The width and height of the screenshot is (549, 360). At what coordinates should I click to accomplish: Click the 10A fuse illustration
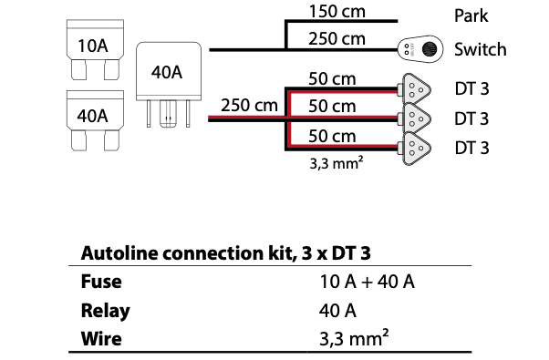[x=95, y=50]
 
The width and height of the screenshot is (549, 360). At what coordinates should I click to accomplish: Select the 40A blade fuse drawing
[x=95, y=120]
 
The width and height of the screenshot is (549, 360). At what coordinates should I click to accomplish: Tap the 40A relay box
[x=169, y=85]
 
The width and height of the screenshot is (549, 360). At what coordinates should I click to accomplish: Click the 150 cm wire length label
[x=337, y=11]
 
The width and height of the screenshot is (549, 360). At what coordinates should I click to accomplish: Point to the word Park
[x=471, y=15]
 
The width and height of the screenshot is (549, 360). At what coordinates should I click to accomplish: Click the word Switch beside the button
[x=481, y=49]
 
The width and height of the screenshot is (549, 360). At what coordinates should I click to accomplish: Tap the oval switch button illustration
[x=420, y=49]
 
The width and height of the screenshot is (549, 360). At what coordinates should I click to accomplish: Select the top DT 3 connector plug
[x=416, y=89]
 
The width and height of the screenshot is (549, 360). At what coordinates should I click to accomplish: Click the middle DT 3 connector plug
[x=416, y=118]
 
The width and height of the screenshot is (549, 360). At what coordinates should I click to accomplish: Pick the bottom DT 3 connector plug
[x=416, y=148]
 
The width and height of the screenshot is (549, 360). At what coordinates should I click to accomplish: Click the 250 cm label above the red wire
[x=249, y=105]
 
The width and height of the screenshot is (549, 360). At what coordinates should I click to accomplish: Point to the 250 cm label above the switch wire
[x=337, y=38]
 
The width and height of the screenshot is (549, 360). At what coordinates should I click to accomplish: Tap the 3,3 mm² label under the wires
[x=337, y=163]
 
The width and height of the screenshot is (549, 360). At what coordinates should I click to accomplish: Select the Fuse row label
[x=101, y=282]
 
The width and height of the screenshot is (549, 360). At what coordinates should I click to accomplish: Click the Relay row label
[x=105, y=311]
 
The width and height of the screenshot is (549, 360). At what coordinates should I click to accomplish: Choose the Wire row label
[x=101, y=339]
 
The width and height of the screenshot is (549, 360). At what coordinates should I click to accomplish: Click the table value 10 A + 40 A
[x=367, y=282]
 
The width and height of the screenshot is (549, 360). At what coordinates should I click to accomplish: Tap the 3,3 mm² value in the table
[x=354, y=337]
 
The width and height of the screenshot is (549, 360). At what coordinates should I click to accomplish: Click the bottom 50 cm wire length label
[x=332, y=136]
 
